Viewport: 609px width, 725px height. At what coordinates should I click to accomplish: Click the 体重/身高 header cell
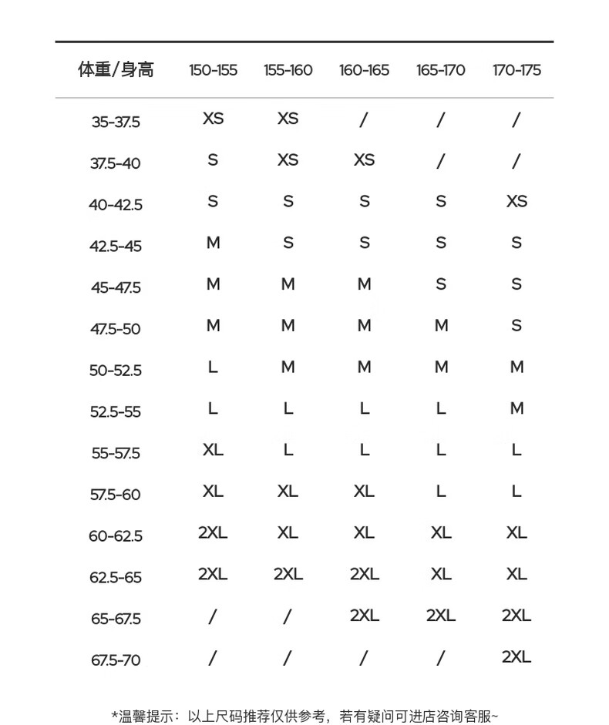click(116, 70)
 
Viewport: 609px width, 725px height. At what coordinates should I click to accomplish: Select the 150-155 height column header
click(213, 70)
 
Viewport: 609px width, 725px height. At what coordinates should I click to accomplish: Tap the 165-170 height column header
click(440, 70)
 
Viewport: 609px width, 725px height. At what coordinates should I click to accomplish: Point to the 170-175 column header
click(516, 70)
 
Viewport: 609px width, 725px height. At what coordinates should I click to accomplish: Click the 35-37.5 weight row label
click(116, 122)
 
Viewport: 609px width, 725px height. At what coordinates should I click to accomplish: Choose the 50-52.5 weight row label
click(116, 371)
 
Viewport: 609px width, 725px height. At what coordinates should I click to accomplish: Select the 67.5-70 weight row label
click(116, 660)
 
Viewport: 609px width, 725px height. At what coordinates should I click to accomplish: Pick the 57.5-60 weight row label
click(116, 495)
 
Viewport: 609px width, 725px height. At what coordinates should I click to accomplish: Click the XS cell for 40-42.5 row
click(516, 201)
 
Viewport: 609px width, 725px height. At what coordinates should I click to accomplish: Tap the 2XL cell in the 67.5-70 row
click(516, 657)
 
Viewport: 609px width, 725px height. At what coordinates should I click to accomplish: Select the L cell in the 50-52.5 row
click(213, 368)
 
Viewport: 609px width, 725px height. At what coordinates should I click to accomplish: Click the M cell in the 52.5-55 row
click(516, 409)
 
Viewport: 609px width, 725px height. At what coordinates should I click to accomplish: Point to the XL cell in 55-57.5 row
click(213, 450)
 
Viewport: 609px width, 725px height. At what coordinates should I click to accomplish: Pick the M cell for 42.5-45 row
click(213, 243)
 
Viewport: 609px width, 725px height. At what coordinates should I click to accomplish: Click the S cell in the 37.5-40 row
click(213, 160)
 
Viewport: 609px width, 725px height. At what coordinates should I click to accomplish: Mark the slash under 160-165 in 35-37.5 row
click(364, 119)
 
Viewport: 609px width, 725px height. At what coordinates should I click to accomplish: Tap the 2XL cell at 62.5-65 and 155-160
click(288, 574)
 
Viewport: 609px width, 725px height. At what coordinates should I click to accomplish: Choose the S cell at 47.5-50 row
click(516, 326)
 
